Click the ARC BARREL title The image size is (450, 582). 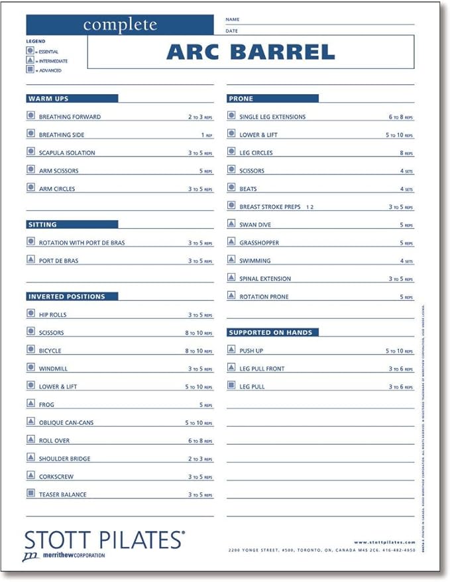[251, 52]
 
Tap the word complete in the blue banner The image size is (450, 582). [120, 26]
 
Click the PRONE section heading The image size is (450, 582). [241, 99]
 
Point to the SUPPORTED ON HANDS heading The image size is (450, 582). [270, 332]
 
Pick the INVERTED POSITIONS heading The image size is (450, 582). [66, 296]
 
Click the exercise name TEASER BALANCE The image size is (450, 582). [62, 495]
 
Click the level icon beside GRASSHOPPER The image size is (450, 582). [231, 242]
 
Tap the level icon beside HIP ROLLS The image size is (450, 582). [30, 314]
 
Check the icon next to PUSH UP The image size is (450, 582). [231, 349]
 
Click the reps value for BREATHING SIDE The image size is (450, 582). [207, 135]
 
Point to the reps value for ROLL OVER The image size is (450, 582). [199, 441]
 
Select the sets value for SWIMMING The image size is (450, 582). [406, 261]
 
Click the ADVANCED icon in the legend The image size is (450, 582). [30, 70]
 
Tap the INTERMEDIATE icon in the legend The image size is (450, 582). [30, 60]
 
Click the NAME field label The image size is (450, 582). [232, 19]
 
